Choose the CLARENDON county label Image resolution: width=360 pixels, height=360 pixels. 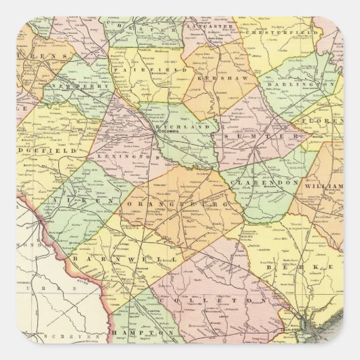tap(255, 183)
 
